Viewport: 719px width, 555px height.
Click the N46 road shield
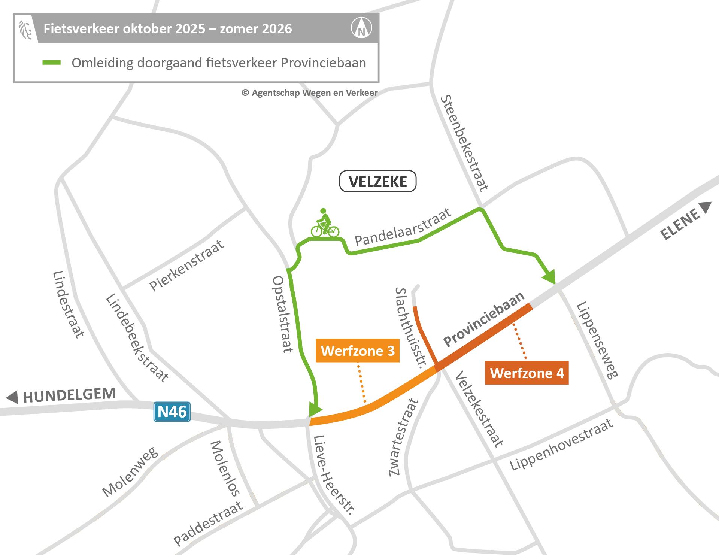[172, 412]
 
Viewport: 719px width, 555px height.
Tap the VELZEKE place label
[377, 182]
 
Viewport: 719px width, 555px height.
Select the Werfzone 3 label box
[358, 351]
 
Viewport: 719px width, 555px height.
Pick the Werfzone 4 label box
[527, 373]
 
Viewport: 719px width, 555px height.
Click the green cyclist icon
[325, 224]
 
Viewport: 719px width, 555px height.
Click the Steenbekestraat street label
[464, 143]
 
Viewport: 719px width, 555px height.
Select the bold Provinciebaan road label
[484, 319]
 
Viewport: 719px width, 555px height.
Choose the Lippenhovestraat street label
[561, 445]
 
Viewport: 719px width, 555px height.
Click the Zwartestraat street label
[403, 438]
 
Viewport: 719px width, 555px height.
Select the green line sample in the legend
[51, 63]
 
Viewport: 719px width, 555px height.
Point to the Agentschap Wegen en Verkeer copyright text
[309, 93]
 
